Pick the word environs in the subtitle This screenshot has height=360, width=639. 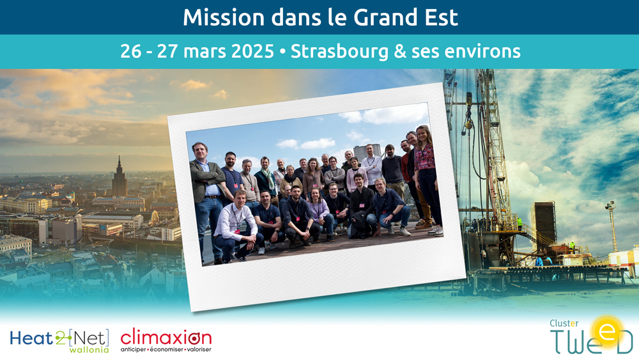(482, 52)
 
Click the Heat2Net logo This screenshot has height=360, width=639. (59, 341)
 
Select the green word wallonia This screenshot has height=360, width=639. (89, 350)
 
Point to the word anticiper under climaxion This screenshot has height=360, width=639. (133, 350)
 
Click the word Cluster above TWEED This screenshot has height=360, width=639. (564, 324)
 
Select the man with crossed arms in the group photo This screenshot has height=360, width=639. (207, 196)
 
